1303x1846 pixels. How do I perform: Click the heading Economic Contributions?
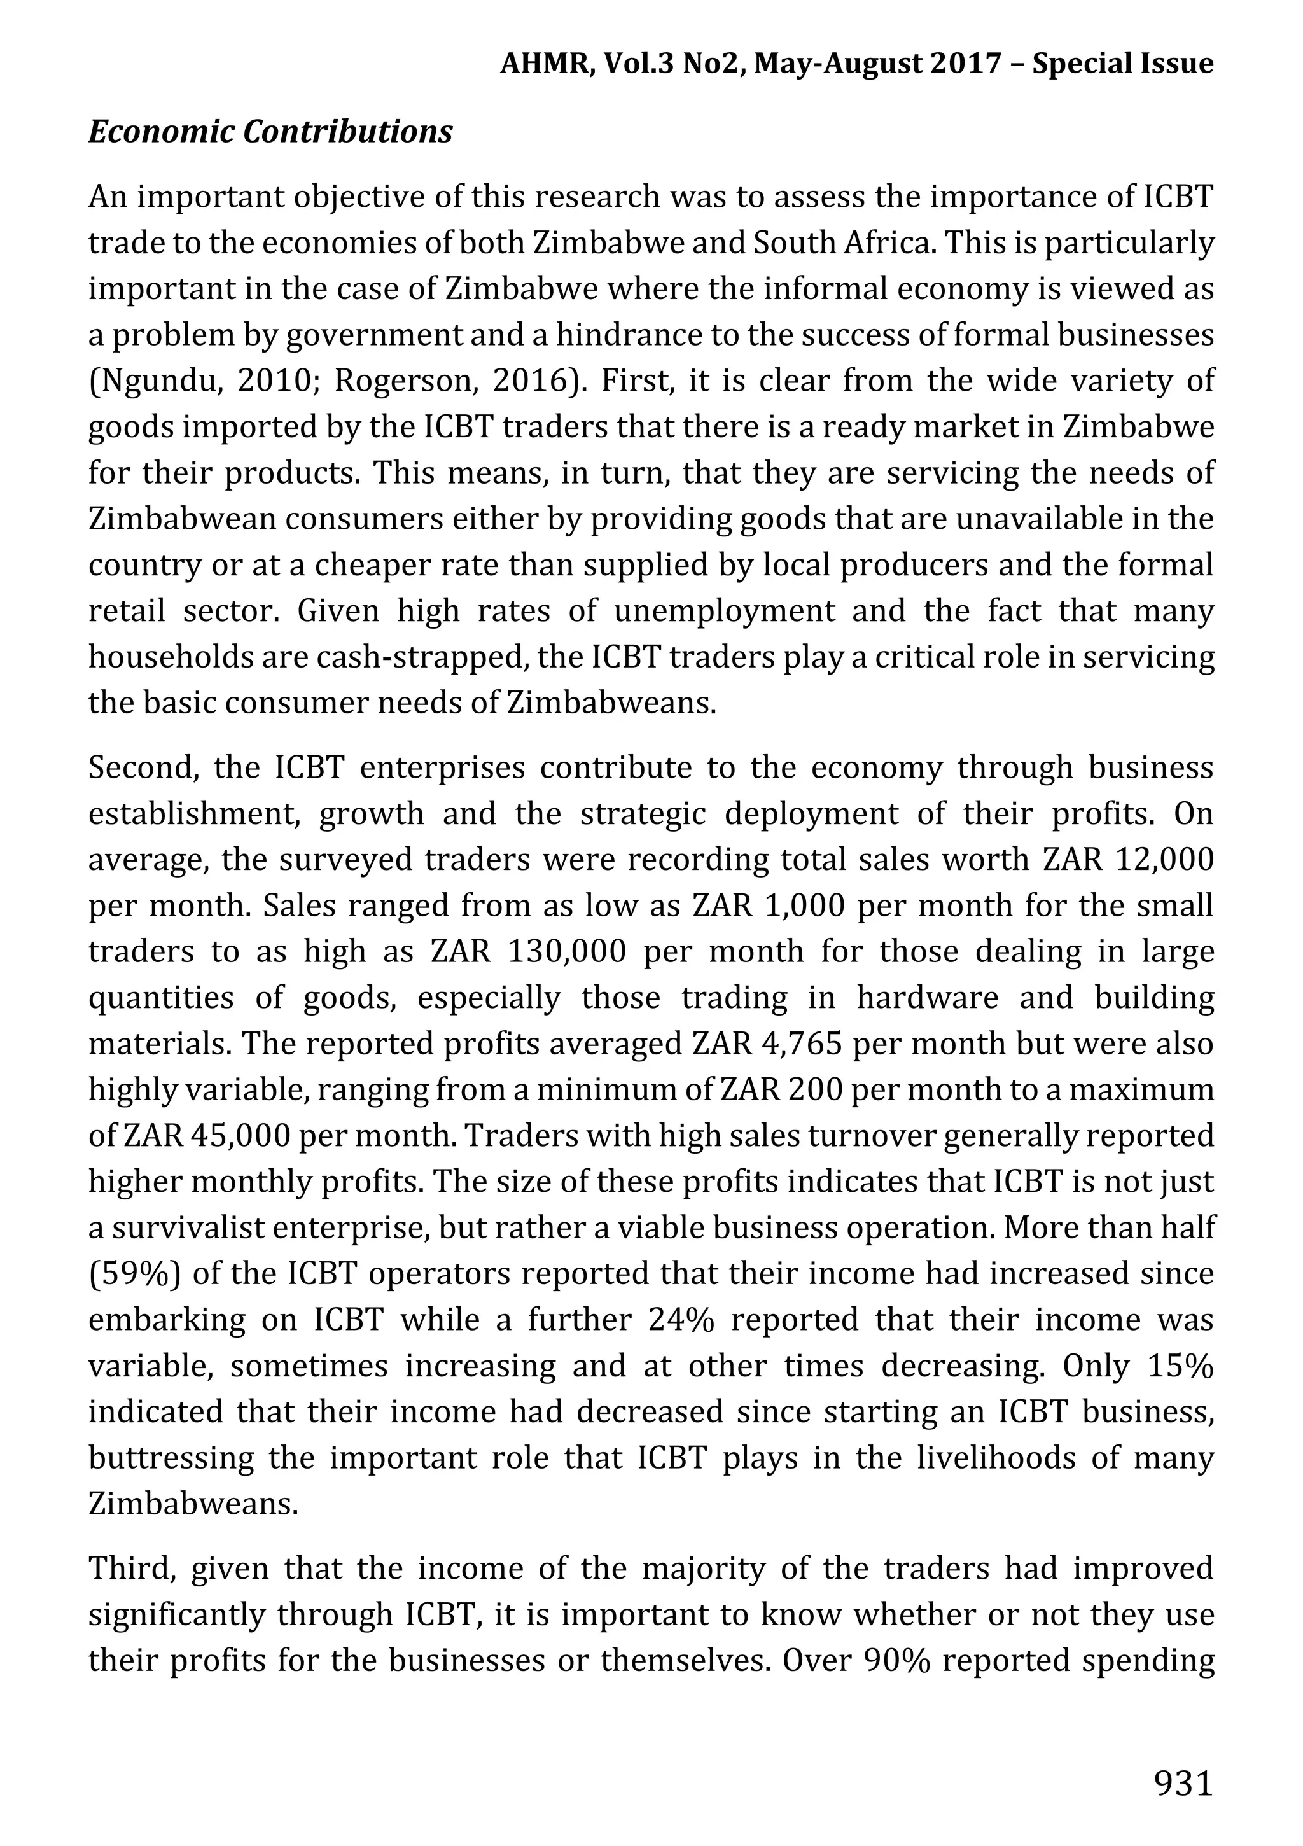tap(270, 132)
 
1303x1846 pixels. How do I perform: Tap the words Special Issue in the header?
tap(1122, 64)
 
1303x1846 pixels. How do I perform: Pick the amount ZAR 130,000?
tap(527, 952)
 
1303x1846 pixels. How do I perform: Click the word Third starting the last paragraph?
tap(129, 1568)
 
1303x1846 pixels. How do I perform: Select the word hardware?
tap(928, 998)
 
